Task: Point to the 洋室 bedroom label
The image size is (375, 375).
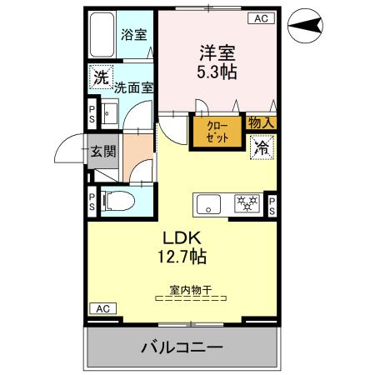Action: (x=216, y=52)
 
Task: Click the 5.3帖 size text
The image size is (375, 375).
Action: (x=216, y=72)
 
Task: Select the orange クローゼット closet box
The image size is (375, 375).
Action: (x=217, y=131)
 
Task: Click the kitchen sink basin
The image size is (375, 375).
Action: (x=207, y=203)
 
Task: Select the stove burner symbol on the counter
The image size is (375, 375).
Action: (x=246, y=203)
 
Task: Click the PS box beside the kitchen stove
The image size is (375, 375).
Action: (x=271, y=204)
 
